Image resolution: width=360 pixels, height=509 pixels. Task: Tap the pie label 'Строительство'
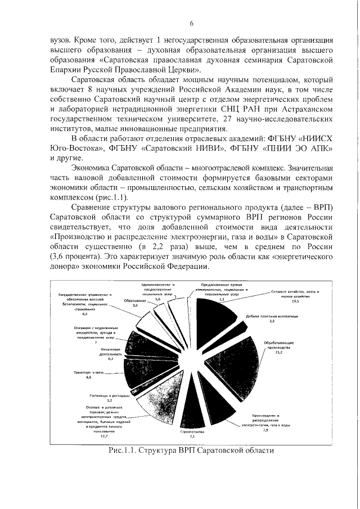pyautogui.click(x=192, y=432)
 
